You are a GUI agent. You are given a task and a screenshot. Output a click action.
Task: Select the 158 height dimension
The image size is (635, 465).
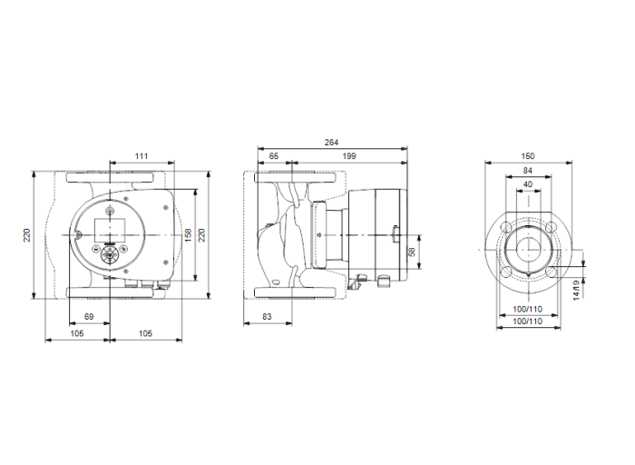[x=189, y=234]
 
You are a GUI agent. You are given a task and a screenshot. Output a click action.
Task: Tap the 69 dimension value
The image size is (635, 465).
[x=89, y=314]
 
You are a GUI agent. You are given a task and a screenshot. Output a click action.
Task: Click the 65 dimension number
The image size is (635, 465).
[x=274, y=157]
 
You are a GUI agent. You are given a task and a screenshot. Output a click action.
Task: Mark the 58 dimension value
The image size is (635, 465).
[x=410, y=251]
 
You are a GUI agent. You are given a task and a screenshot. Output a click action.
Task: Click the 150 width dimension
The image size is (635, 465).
[x=528, y=156]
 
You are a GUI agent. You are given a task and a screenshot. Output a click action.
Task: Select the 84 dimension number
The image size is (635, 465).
[x=528, y=170]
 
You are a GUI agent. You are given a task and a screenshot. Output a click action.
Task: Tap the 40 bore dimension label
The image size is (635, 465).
[x=528, y=183]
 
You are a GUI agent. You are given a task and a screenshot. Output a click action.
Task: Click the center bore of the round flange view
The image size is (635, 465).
[x=528, y=249]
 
